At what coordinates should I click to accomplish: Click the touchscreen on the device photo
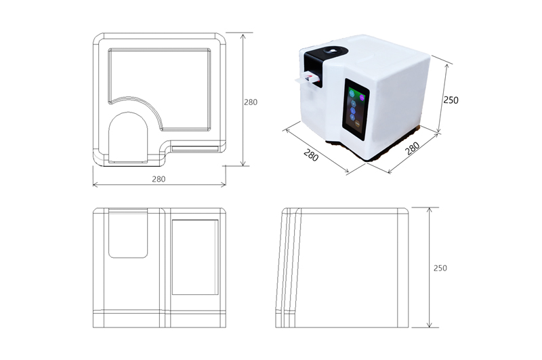point(356,109)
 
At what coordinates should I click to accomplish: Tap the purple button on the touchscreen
point(362,98)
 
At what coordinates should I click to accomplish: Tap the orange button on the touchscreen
point(358,123)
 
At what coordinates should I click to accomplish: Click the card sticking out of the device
point(307,78)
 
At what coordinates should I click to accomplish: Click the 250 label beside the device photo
point(451,100)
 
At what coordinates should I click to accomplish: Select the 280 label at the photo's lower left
point(311,155)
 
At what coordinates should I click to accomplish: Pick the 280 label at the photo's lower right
point(412,148)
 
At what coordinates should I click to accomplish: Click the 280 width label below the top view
point(159,179)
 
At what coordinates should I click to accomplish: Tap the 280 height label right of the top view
point(251,102)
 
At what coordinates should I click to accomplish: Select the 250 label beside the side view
point(440,268)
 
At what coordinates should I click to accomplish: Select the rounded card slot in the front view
point(128,233)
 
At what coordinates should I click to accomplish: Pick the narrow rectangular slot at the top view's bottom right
point(195,149)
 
